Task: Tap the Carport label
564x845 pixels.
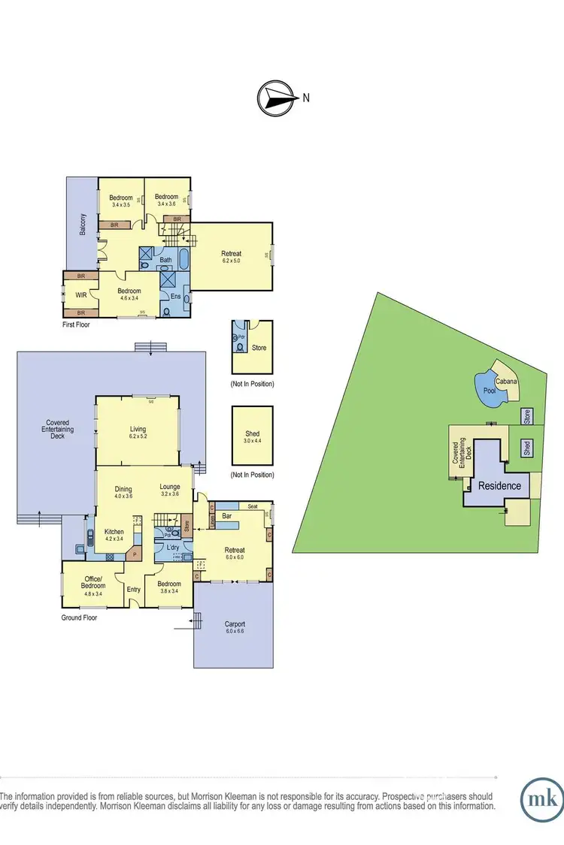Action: coord(235,624)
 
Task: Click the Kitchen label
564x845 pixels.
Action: coord(114,531)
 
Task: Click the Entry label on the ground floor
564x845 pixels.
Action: coord(134,590)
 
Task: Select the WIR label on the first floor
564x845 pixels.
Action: coord(81,294)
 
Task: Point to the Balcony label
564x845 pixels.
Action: coord(82,225)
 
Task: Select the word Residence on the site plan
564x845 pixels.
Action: coord(500,485)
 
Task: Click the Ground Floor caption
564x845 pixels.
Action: coord(80,617)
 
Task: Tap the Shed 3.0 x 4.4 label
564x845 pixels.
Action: coord(252,437)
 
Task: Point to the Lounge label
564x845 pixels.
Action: coord(170,487)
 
